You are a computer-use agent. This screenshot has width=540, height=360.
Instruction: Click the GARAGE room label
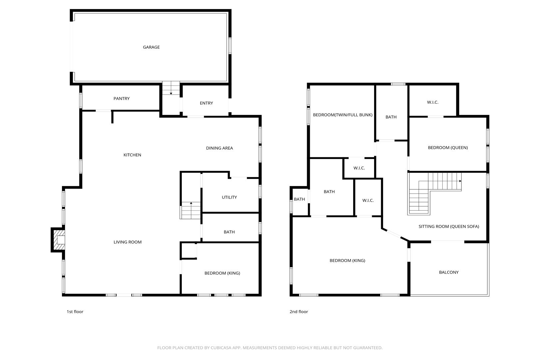point(151,47)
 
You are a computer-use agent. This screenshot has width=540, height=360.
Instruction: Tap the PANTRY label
point(122,98)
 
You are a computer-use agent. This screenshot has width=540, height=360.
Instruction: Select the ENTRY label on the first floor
point(206,103)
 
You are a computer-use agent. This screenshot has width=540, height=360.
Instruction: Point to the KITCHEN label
point(132,155)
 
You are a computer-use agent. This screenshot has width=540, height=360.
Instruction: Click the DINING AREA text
point(220,148)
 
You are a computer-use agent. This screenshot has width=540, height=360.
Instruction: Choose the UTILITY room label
point(229,197)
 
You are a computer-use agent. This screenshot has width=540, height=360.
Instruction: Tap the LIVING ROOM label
point(128,242)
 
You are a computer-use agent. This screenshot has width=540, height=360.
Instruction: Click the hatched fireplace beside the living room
point(59,240)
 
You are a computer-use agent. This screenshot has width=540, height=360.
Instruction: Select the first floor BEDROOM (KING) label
point(222,273)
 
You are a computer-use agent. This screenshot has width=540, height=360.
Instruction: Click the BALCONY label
point(449,272)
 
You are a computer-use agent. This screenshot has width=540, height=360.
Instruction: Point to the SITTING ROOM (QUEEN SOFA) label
point(449,226)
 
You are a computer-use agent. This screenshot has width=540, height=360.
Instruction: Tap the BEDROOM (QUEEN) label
point(448,148)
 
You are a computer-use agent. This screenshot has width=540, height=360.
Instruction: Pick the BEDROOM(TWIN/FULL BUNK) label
point(342,115)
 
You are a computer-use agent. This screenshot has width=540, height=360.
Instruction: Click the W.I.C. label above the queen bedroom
point(432,102)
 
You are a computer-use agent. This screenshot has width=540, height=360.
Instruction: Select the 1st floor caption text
point(75,312)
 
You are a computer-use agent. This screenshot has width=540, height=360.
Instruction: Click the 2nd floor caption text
point(299,312)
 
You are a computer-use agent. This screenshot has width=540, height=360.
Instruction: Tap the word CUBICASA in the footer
point(221,348)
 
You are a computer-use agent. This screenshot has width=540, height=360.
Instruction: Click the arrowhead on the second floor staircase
point(460,181)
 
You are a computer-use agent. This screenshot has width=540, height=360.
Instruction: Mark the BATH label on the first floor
point(229,232)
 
